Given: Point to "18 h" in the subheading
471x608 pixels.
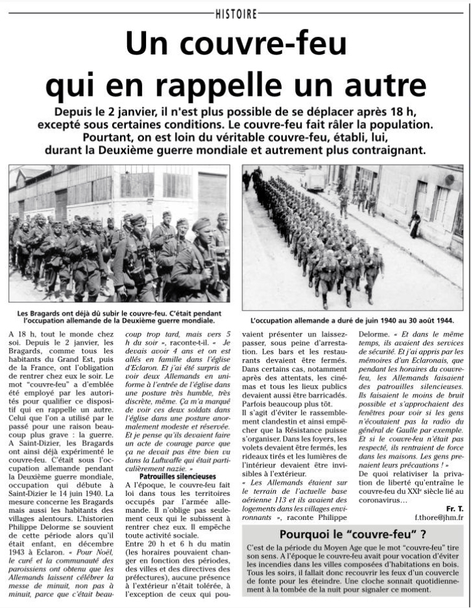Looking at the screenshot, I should [x=416, y=110].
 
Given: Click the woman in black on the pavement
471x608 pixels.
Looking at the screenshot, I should [x=415, y=224].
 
